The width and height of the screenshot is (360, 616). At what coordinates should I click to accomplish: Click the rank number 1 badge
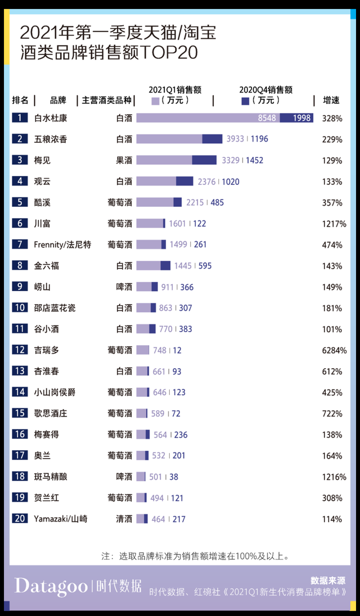click(20, 118)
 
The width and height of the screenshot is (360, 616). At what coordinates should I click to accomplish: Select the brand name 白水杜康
click(51, 118)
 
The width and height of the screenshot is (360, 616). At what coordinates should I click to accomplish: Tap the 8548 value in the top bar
click(267, 118)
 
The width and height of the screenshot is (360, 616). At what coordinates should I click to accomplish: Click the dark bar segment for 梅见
click(204, 160)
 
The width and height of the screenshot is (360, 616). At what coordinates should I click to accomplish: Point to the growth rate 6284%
click(334, 350)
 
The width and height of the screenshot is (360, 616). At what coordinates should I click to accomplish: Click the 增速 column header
click(331, 100)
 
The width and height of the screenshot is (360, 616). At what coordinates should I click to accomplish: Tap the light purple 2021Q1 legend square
click(155, 101)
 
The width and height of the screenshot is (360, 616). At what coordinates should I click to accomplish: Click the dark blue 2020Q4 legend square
click(245, 101)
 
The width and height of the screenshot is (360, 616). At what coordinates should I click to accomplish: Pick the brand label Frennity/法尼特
click(62, 244)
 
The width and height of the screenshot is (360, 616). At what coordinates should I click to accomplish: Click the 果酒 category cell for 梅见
click(124, 160)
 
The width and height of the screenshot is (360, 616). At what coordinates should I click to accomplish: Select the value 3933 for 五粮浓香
click(235, 139)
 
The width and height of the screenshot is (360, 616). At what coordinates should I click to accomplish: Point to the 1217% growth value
click(334, 224)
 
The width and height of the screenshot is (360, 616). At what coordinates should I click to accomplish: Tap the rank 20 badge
click(20, 519)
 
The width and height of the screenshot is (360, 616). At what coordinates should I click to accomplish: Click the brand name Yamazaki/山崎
click(60, 519)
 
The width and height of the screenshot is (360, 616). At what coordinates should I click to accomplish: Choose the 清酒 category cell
click(124, 519)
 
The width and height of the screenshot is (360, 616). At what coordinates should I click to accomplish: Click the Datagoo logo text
click(51, 586)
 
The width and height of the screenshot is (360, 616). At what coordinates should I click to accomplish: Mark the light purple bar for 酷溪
click(155, 202)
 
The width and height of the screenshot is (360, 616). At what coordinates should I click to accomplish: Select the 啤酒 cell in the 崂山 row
click(124, 287)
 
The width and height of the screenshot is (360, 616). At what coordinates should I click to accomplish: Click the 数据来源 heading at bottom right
click(328, 581)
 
